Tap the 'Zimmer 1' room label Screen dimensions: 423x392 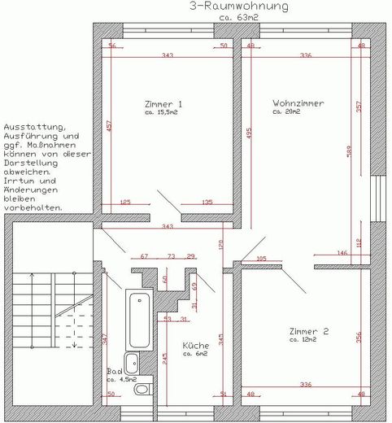click(163, 104)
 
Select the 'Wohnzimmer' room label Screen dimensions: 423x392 click(298, 104)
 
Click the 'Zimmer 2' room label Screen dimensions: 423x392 click(309, 331)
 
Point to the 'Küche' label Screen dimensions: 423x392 click(196, 345)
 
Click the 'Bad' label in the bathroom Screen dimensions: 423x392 click(114, 371)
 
